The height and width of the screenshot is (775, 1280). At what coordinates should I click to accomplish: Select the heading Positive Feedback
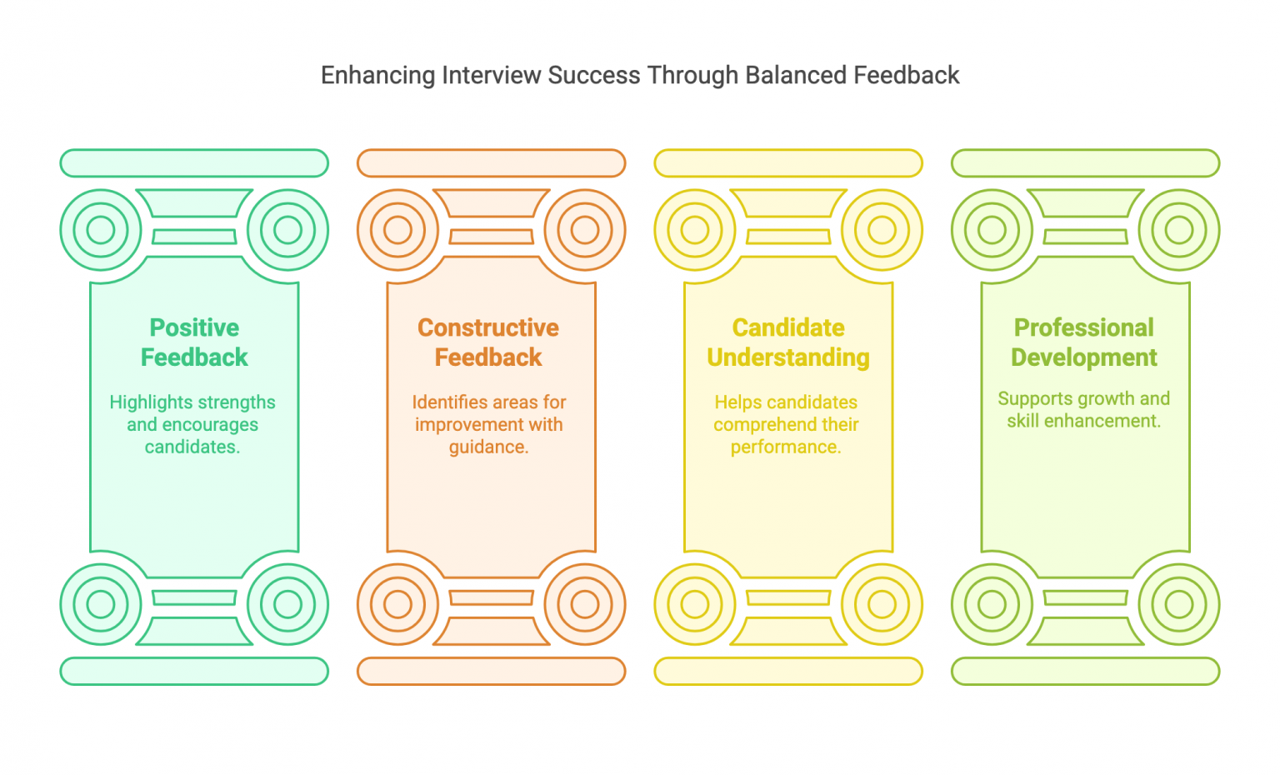point(194,342)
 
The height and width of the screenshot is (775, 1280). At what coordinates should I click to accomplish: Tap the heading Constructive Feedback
point(488,342)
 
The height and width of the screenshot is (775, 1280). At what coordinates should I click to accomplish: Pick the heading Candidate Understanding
point(788,342)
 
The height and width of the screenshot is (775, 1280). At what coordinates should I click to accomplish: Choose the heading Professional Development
point(1084,342)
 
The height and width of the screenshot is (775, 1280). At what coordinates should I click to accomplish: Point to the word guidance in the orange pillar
point(487,447)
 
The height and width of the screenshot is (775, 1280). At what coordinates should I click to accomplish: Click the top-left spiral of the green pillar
point(101,229)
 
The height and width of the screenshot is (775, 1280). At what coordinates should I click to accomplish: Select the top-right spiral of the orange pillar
point(585,229)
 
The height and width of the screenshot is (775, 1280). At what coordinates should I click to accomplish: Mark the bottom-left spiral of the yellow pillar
point(695,604)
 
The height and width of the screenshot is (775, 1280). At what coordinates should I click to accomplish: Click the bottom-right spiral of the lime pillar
point(1179,604)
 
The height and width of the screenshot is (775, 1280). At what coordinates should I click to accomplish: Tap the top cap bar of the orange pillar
point(492,163)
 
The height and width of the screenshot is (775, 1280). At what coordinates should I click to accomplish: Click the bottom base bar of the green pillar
point(194,671)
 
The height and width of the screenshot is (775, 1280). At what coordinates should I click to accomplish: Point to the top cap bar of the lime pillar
point(1086,163)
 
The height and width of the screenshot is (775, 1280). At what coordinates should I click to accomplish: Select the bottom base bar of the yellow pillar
point(788,671)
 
